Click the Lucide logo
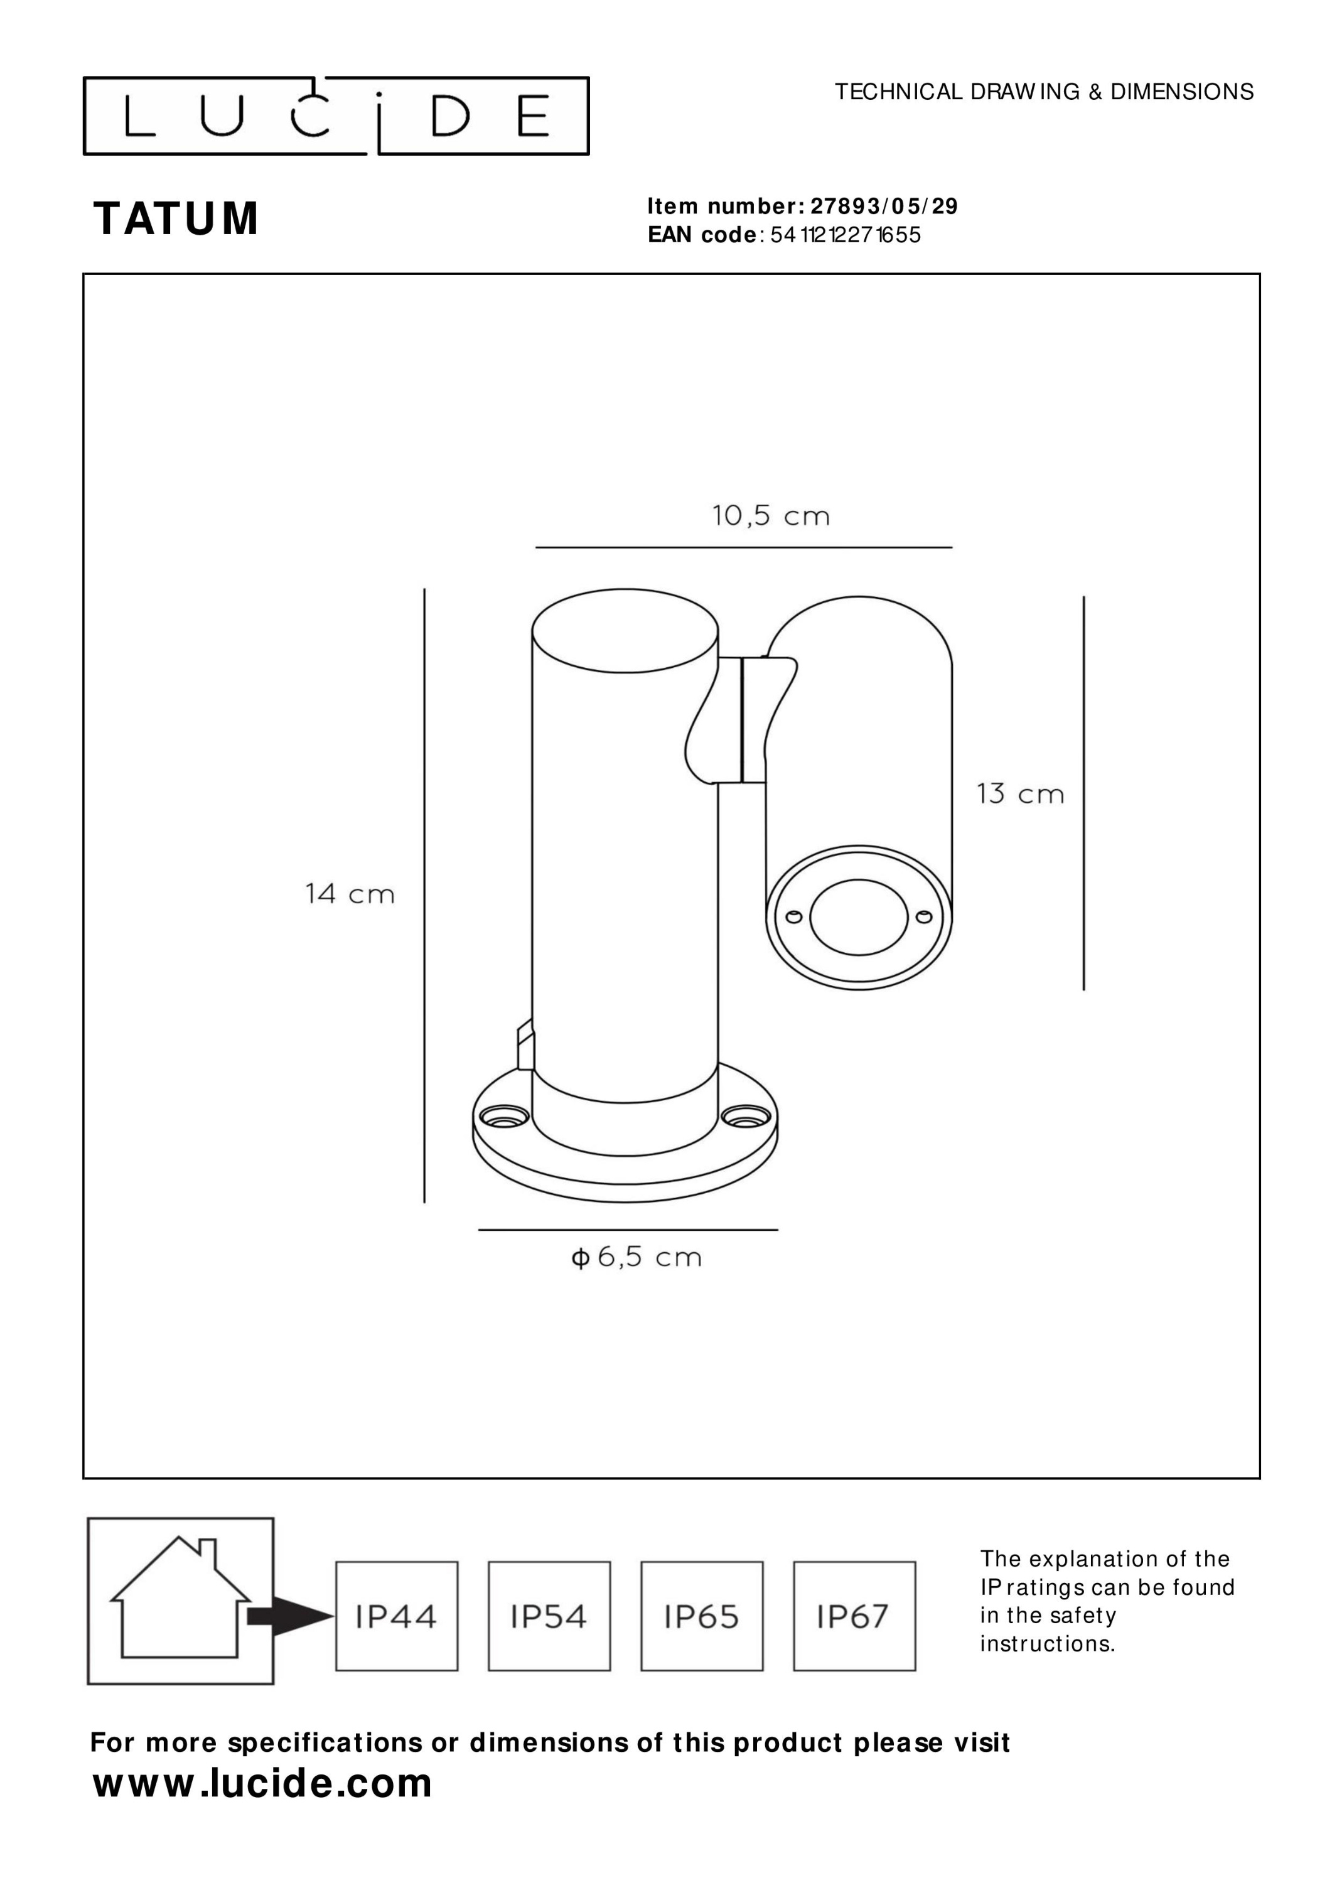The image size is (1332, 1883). point(336,115)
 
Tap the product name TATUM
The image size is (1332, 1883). point(176,219)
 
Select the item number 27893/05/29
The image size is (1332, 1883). point(884,206)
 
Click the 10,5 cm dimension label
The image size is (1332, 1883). point(771,516)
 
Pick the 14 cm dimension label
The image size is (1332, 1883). point(350,893)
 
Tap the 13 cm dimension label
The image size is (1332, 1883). point(1020,794)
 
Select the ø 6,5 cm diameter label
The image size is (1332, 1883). point(636,1257)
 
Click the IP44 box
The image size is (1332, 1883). point(397,1616)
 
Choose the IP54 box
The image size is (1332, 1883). point(549,1616)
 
